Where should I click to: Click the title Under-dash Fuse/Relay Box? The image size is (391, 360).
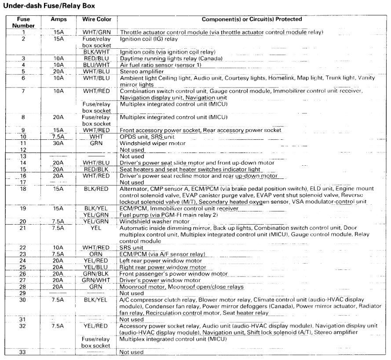pyautogui.click(x=49, y=7)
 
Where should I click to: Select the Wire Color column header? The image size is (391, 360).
pyautogui.click(x=96, y=20)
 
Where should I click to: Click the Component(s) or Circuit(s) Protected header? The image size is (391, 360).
pyautogui.click(x=252, y=20)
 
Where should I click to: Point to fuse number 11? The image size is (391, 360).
pyautogui.click(x=23, y=143)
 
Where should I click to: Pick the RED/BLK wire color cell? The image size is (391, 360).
pyautogui.click(x=96, y=169)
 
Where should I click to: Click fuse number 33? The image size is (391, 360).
pyautogui.click(x=23, y=352)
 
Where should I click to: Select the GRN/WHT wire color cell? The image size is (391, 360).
pyautogui.click(x=96, y=280)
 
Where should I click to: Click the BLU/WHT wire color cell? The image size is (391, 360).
pyautogui.click(x=96, y=65)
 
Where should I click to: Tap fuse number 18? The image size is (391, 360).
pyautogui.click(x=23, y=189)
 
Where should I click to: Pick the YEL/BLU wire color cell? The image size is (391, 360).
pyautogui.click(x=96, y=267)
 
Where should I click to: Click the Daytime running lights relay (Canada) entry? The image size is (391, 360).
pyautogui.click(x=172, y=58)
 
